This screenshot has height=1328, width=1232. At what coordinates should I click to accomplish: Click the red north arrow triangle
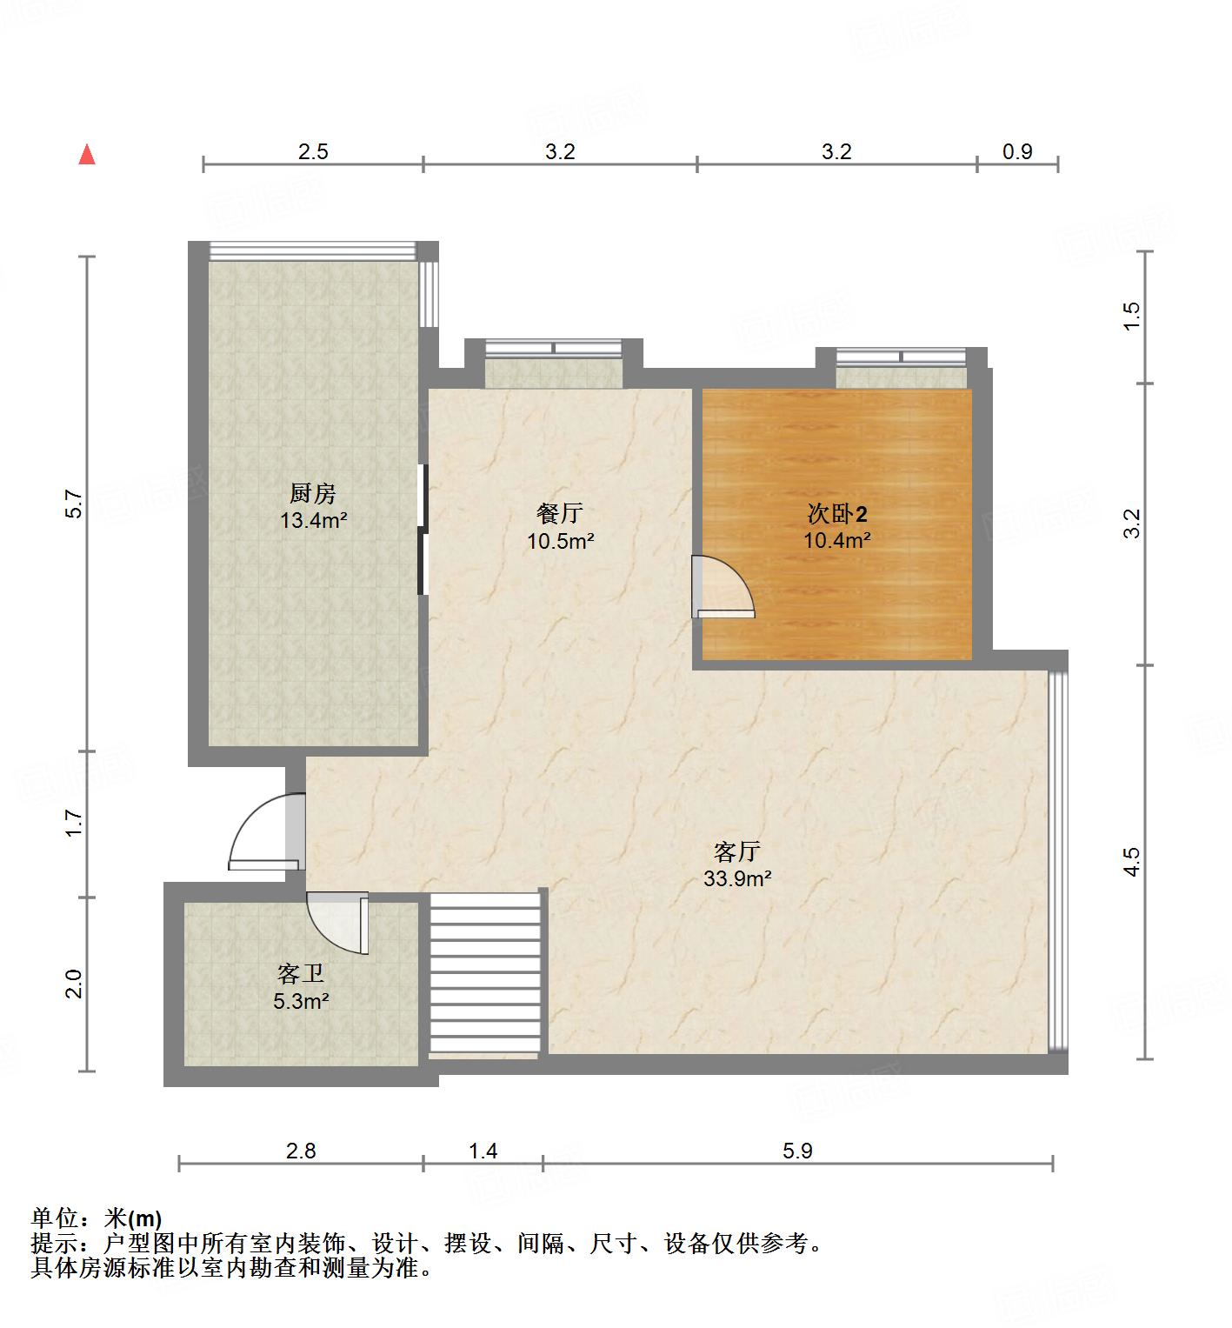coord(87,155)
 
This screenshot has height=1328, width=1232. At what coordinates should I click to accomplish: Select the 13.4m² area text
coord(313,521)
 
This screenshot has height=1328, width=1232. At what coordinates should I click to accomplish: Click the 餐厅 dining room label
coord(559,514)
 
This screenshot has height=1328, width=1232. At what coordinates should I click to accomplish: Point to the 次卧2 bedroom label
coord(837,514)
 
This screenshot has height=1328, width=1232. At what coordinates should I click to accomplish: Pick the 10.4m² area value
coord(837,540)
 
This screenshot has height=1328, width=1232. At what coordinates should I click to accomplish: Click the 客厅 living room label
coord(737,851)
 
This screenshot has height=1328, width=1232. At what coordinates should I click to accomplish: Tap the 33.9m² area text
coord(737,878)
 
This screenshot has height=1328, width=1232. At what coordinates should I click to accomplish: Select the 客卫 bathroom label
coord(301,973)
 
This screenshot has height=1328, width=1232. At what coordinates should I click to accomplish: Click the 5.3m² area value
coord(301,1001)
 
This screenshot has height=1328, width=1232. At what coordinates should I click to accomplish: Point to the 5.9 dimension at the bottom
coord(797,1151)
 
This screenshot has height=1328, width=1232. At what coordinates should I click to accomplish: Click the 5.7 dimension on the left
coord(74,504)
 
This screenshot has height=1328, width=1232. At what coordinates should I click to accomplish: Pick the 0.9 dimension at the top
coord(1017,152)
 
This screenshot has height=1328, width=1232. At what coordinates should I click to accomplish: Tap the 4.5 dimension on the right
coord(1131,861)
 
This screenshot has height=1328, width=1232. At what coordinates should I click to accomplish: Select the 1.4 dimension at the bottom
coord(483,1151)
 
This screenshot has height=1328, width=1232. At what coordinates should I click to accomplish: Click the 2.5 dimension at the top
coord(313,152)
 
